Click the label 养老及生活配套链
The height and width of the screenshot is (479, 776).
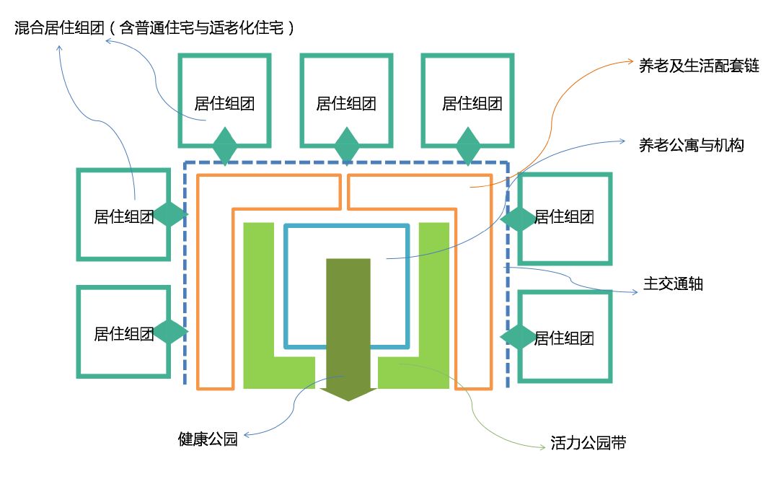(699, 66)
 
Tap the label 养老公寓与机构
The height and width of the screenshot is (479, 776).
(692, 145)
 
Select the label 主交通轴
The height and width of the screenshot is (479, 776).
(673, 284)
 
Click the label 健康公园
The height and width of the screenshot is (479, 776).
(208, 439)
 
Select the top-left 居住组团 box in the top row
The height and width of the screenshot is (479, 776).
(224, 100)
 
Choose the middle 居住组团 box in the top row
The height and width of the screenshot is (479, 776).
(346, 100)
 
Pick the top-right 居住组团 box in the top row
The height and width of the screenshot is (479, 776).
(468, 100)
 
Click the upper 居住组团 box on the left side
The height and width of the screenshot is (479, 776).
(123, 214)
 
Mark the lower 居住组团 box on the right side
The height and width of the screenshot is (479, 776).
(565, 336)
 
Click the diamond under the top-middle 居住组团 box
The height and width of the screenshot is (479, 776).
(347, 146)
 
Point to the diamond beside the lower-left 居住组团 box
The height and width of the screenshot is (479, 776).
(171, 332)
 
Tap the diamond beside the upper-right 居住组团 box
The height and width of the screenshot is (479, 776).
(519, 218)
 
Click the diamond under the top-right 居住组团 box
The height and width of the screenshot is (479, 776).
(469, 146)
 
